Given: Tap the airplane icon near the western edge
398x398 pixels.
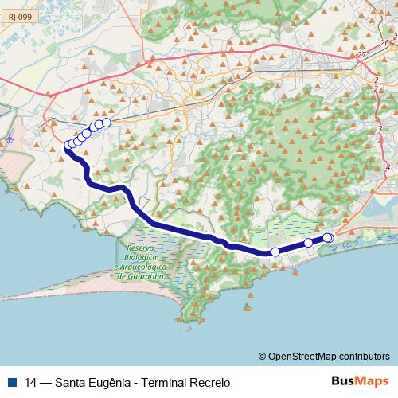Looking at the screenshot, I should click(x=10, y=139).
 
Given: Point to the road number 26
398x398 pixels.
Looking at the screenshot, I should click(x=385, y=42).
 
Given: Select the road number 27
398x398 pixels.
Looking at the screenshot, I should click(x=362, y=55).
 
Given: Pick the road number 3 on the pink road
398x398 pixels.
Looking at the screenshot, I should click(x=380, y=128).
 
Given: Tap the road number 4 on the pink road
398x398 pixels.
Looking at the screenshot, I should click(x=387, y=167).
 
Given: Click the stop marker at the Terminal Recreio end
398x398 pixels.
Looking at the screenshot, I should click(x=329, y=238).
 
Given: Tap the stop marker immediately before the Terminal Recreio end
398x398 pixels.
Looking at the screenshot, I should click(x=308, y=243).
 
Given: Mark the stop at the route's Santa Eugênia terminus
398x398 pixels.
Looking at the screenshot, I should click(x=106, y=123).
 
